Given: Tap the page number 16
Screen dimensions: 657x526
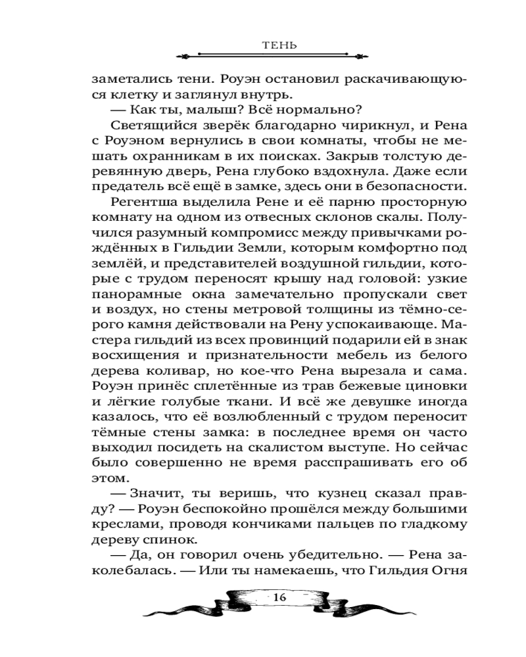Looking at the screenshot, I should [279, 597].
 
